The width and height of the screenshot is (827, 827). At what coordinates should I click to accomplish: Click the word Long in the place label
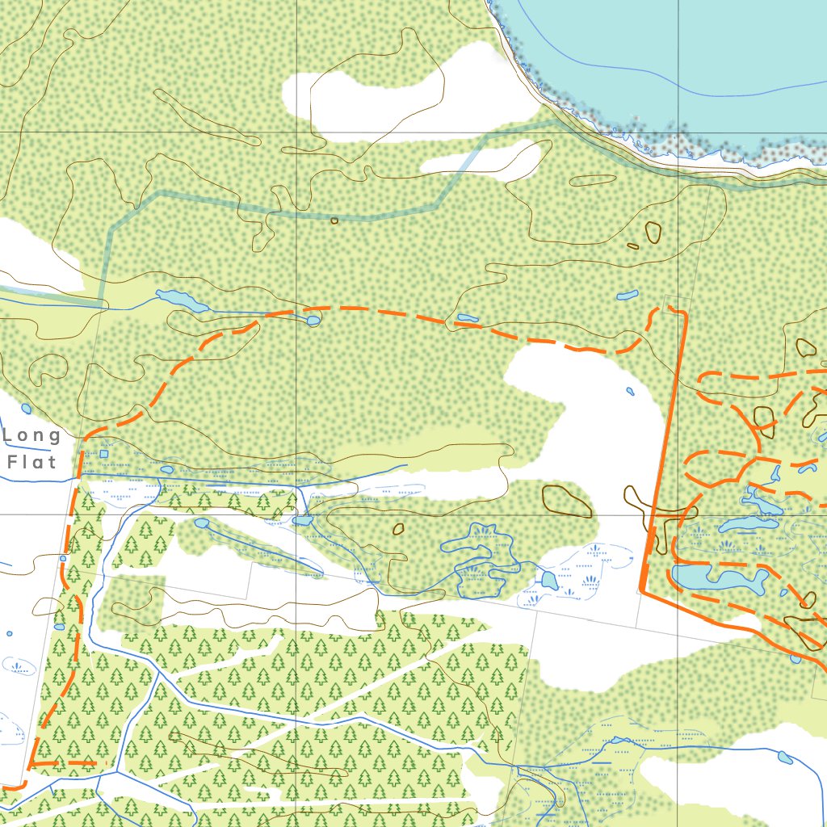point(32,436)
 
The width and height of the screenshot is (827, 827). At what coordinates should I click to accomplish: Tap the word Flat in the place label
point(32,462)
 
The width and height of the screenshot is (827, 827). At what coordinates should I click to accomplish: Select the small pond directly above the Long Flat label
point(27,409)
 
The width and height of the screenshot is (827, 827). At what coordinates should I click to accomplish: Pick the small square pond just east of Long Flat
point(103,454)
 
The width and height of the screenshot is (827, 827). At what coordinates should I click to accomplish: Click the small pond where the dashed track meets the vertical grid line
point(313,321)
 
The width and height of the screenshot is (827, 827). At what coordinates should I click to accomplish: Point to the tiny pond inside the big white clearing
point(630,392)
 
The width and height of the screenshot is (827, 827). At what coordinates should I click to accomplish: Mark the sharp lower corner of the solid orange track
point(641,591)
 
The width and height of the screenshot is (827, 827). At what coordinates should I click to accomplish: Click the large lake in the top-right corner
point(686,65)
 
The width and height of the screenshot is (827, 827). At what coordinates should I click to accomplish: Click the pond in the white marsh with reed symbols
point(549,579)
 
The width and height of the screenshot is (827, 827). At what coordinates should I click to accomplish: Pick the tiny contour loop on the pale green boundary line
point(334,220)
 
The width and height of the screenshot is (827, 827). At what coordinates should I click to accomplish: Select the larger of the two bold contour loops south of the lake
point(653,233)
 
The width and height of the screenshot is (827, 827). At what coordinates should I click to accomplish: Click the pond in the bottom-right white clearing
point(784,758)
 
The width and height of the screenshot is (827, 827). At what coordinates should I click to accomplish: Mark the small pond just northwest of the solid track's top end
point(627,296)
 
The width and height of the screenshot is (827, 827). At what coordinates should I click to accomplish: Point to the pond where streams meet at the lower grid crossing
point(302,521)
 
